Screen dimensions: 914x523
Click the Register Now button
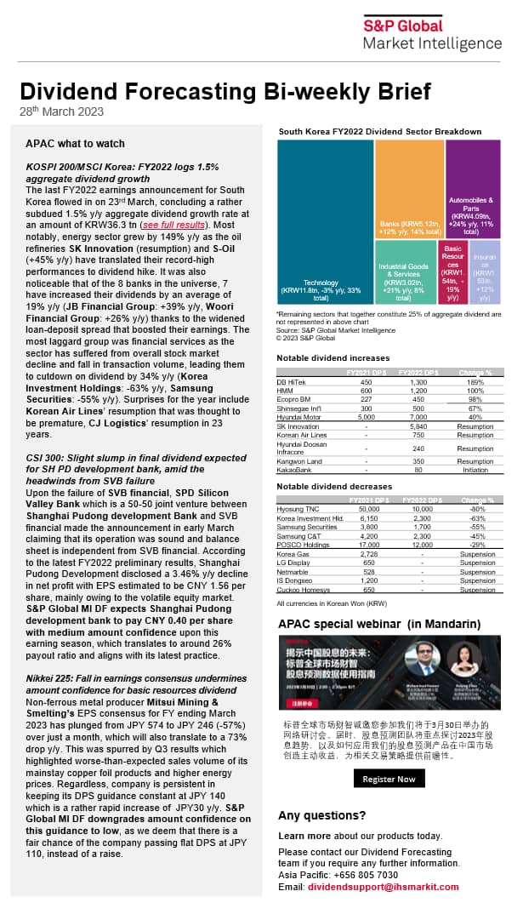click(389, 779)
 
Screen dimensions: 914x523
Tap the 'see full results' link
click(173, 225)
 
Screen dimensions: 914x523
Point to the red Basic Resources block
click(452, 272)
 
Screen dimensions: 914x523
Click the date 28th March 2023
click(62, 111)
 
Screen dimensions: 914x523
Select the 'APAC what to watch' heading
click(75, 144)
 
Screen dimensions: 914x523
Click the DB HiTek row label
click(293, 382)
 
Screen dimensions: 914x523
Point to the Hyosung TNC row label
click(298, 508)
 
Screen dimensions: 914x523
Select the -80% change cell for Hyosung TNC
click(483, 508)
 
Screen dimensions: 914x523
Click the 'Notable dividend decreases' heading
click(333, 486)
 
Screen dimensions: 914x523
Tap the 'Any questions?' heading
click(322, 815)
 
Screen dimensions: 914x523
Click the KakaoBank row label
click(293, 469)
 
